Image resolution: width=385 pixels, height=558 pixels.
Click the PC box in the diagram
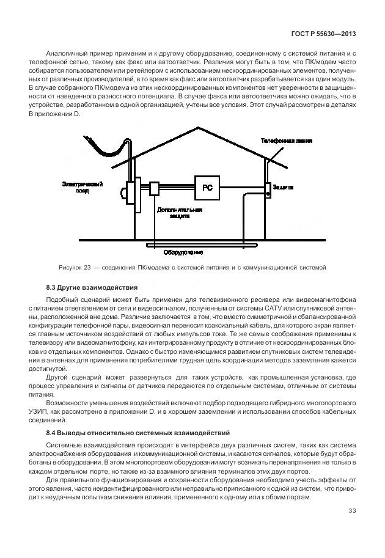[207, 188]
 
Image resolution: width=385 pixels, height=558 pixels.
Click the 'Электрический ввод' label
[82, 188]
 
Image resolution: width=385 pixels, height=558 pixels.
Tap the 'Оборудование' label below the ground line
[183, 252]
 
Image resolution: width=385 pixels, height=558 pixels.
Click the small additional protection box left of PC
[155, 188]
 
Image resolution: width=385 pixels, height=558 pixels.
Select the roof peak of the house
[197, 128]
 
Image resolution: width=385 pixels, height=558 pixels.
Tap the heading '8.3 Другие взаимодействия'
[92, 287]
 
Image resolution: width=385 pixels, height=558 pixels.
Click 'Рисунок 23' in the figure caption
[75, 267]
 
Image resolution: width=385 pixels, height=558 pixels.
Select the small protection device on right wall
[267, 188]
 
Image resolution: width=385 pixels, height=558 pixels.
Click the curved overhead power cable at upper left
[107, 148]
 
